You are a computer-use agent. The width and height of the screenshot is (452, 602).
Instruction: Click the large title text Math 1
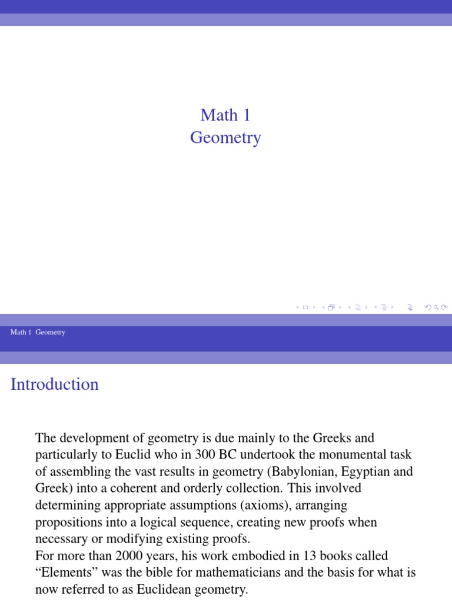(225, 115)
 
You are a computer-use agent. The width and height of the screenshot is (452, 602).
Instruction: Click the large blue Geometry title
(225, 138)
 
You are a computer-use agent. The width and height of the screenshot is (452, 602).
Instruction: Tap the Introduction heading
(55, 384)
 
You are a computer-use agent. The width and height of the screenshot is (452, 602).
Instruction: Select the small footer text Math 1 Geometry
(38, 332)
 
